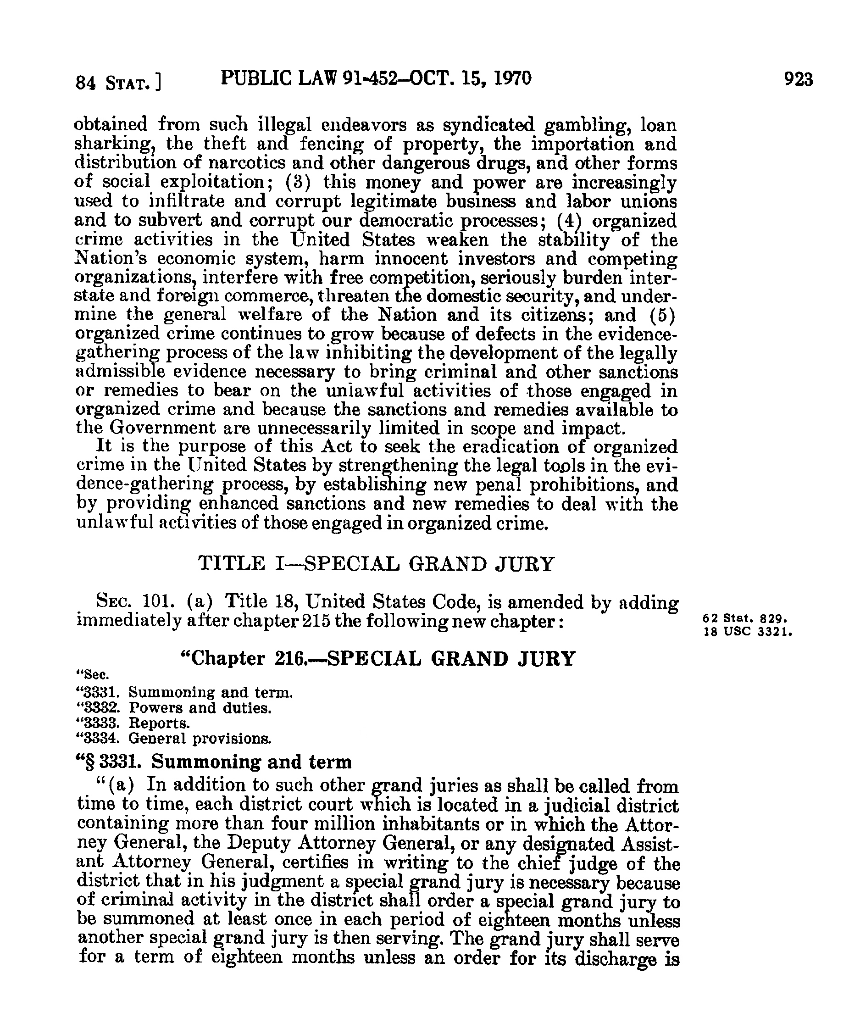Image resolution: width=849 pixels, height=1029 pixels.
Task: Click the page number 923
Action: tap(798, 79)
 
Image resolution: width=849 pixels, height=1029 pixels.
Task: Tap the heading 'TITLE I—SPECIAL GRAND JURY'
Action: tap(376, 564)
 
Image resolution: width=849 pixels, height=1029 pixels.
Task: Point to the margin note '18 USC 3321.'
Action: tap(747, 632)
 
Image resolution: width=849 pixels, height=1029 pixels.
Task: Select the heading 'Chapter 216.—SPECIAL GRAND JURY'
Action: tap(377, 659)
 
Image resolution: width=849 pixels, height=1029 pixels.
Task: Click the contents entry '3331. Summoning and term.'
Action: tap(185, 693)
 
